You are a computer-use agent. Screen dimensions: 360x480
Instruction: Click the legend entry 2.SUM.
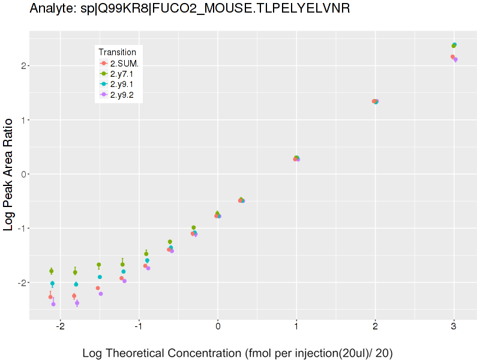(x=125, y=64)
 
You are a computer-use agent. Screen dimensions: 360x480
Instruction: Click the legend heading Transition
(x=121, y=52)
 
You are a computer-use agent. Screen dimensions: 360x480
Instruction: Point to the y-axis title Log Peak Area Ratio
(x=10, y=174)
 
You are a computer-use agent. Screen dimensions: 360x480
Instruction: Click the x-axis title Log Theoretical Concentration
(x=237, y=353)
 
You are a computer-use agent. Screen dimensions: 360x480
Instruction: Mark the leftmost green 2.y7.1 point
(x=51, y=271)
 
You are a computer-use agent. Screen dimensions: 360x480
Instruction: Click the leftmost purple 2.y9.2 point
(x=53, y=304)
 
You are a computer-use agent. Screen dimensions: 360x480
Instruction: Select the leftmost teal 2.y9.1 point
(x=52, y=283)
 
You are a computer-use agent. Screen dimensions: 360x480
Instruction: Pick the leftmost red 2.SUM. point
(x=50, y=297)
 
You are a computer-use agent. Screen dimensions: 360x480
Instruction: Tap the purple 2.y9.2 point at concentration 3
(x=455, y=59)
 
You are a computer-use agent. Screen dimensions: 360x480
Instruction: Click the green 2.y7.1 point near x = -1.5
(x=98, y=265)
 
